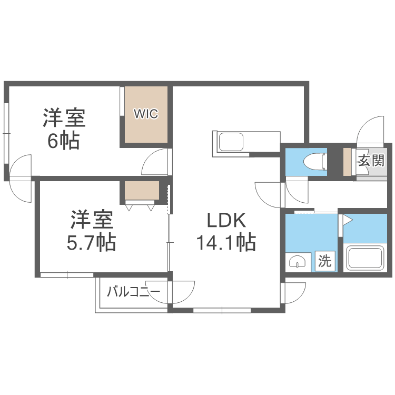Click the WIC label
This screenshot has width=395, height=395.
click(x=145, y=114)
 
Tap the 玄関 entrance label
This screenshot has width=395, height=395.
click(x=372, y=161)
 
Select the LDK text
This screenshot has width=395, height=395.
click(x=226, y=220)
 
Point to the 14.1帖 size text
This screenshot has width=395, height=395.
click(x=226, y=243)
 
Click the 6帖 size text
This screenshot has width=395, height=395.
click(x=64, y=141)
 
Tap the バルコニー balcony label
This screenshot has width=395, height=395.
click(x=130, y=292)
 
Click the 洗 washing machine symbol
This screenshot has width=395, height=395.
click(x=325, y=261)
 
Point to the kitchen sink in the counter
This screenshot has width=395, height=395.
click(x=231, y=143)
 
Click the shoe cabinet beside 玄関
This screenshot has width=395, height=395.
click(x=347, y=162)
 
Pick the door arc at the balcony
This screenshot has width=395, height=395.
click(x=182, y=292)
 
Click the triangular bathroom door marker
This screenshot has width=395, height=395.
click(x=348, y=221)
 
